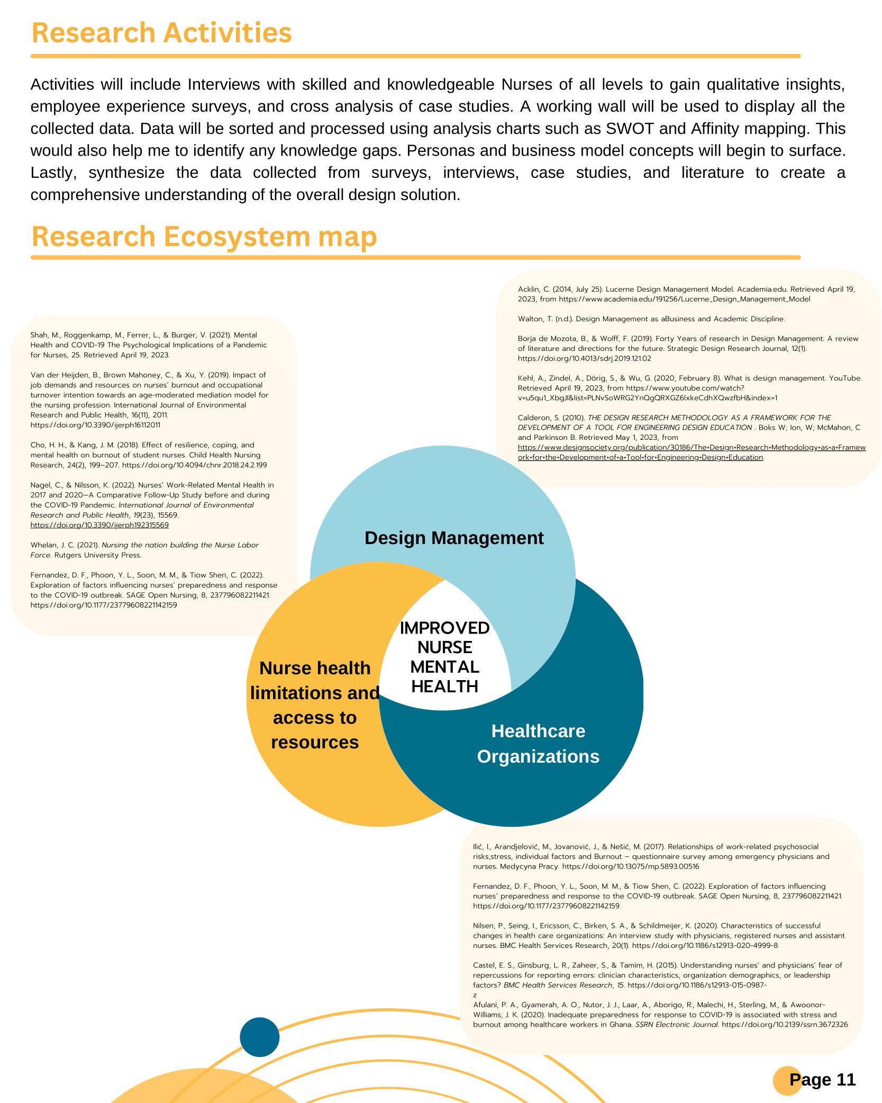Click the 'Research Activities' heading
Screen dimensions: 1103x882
click(161, 33)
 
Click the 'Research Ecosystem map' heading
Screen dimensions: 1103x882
click(204, 236)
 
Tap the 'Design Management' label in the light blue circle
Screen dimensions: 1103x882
click(453, 538)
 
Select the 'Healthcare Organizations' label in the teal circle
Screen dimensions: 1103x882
click(538, 744)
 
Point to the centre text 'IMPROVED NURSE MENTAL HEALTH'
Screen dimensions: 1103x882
click(444, 657)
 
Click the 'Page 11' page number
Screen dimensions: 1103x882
click(822, 1079)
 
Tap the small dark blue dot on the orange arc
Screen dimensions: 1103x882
click(259, 1037)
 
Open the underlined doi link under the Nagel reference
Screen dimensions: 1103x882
click(99, 525)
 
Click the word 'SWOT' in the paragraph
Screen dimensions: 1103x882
click(630, 129)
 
